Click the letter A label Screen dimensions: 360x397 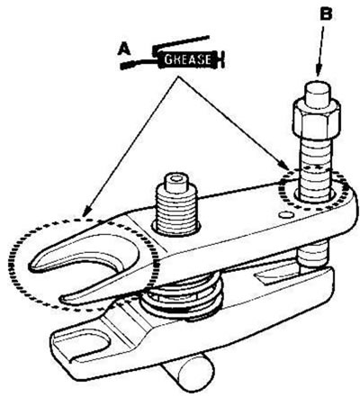124,49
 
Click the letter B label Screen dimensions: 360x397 326,14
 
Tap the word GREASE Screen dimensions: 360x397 187,59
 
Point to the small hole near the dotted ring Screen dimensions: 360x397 285,215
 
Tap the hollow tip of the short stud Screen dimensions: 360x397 175,178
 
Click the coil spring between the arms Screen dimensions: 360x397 183,298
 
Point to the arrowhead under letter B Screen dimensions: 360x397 319,71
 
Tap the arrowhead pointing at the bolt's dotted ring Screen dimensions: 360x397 284,164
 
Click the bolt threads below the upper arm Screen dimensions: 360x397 312,255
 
